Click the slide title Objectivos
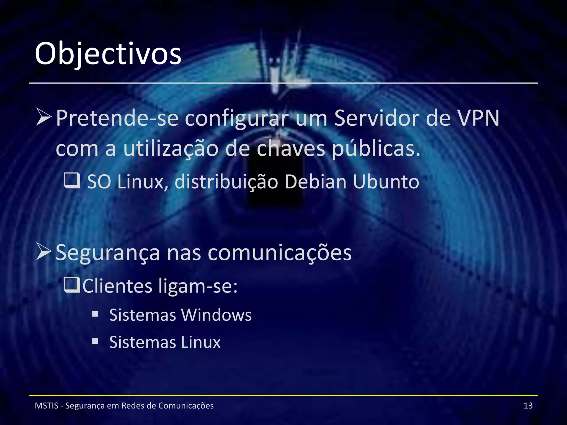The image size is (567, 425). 108,54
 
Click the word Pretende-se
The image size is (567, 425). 117,118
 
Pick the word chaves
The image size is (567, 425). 291,149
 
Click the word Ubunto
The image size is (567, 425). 386,182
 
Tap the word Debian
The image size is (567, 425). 315,182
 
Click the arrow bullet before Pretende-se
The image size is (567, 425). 44,117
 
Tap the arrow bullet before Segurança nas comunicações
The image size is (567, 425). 44,252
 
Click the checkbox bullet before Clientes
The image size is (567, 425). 72,285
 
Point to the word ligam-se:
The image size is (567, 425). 198,286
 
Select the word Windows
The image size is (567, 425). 216,315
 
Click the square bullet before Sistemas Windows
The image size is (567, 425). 95,314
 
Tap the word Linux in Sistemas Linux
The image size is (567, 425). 201,342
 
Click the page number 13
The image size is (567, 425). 528,406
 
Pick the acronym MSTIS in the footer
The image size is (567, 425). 47,406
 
